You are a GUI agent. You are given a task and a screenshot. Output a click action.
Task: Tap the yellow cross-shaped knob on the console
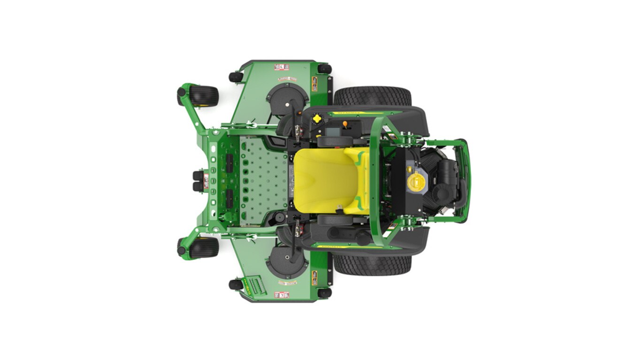pos(317,119)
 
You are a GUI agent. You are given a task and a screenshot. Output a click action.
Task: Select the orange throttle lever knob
pos(345,124)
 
